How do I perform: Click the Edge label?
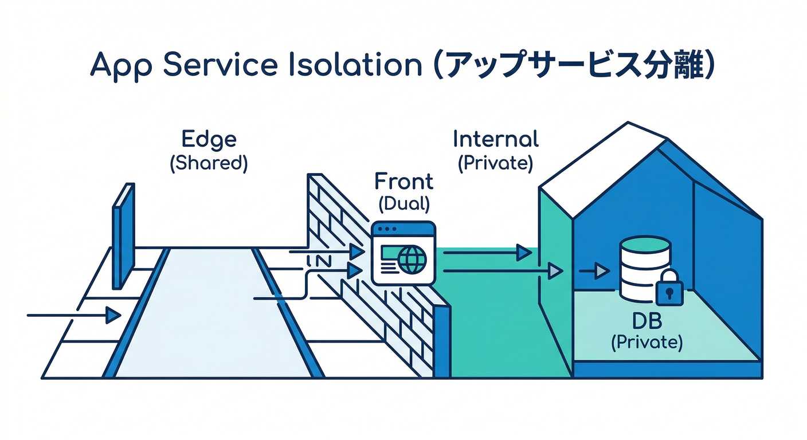tap(209, 140)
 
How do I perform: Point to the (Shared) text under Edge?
tap(209, 163)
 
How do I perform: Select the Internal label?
tap(495, 139)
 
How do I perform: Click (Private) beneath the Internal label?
tap(495, 163)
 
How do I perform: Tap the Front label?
tap(403, 182)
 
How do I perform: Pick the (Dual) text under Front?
tap(403, 203)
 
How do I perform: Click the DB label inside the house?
tap(647, 320)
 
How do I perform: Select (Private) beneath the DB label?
tap(647, 343)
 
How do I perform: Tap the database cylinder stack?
tap(644, 269)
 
